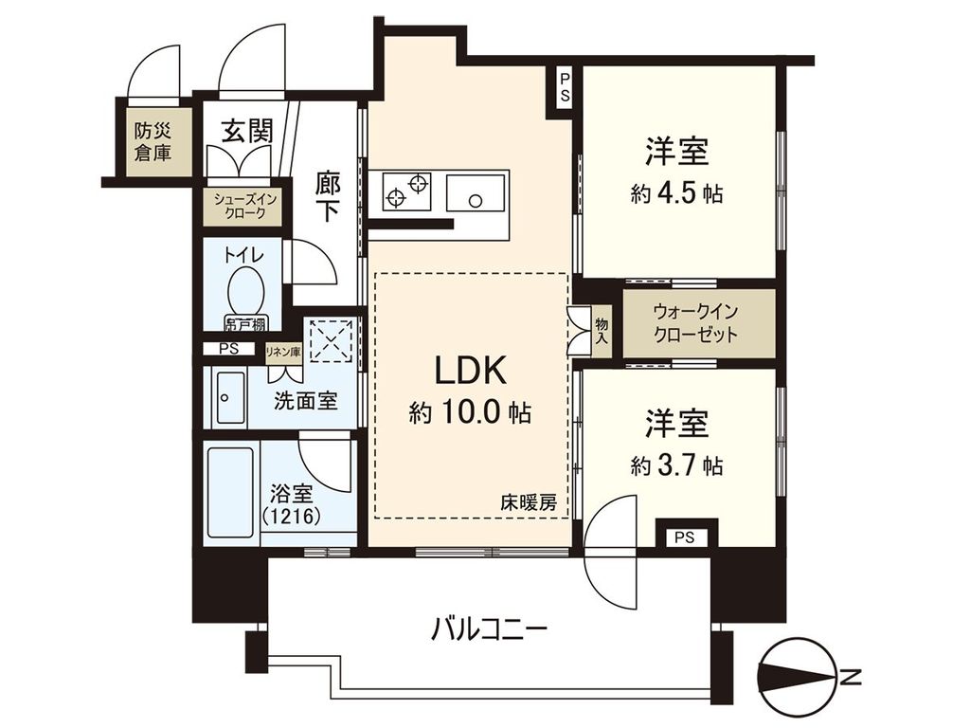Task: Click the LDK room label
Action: (x=471, y=369)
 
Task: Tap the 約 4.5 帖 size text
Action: (x=677, y=193)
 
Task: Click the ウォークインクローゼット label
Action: (x=695, y=323)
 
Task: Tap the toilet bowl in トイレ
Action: (x=246, y=289)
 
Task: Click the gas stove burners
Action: (x=406, y=191)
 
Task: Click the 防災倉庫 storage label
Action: (x=153, y=141)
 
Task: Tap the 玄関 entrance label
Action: (x=247, y=131)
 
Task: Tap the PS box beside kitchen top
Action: (x=564, y=88)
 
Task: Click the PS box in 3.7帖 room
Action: (x=685, y=537)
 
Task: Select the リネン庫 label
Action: (x=282, y=352)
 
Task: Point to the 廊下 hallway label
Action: (x=327, y=196)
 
